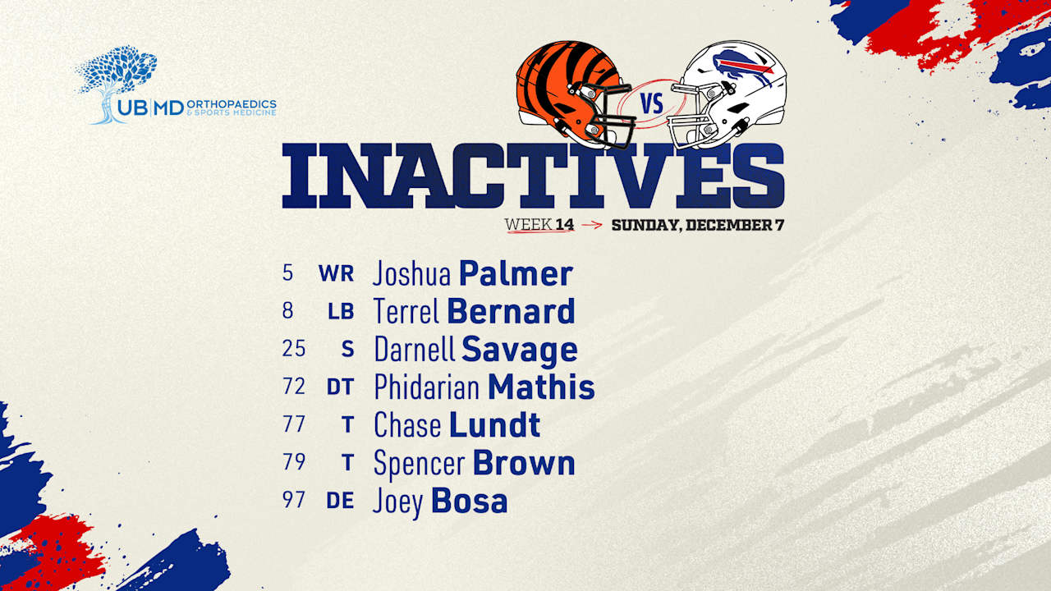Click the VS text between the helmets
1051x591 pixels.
[652, 104]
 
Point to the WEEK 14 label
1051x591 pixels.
[539, 224]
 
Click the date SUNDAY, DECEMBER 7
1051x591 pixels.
[697, 225]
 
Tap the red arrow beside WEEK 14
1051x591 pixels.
[591, 225]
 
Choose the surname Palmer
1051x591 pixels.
[516, 274]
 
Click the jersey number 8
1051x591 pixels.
[287, 311]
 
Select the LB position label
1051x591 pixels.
[341, 312]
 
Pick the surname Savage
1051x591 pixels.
[519, 350]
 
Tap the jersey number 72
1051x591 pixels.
[293, 387]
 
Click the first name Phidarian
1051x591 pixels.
[427, 387]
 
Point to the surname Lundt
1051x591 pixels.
[494, 425]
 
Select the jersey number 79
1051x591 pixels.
[293, 462]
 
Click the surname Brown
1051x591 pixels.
[524, 463]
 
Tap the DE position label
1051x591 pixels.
[340, 501]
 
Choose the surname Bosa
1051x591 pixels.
[469, 501]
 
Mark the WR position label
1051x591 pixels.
[337, 274]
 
